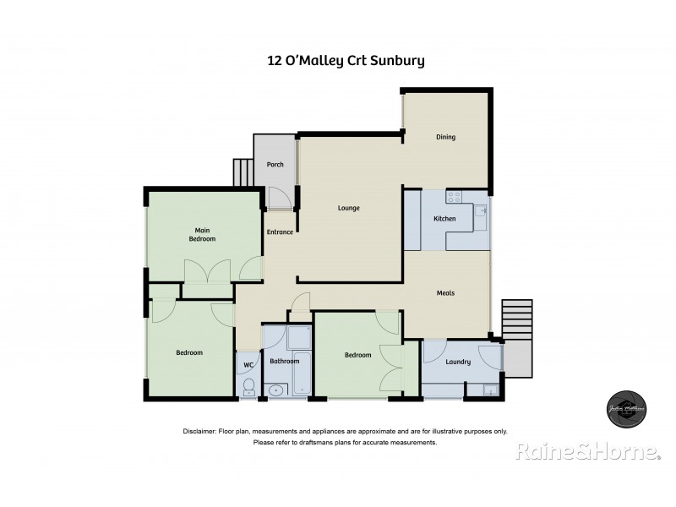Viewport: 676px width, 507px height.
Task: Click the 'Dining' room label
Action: tap(445, 137)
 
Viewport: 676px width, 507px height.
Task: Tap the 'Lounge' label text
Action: tap(348, 208)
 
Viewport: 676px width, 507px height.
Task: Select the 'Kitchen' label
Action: tap(444, 219)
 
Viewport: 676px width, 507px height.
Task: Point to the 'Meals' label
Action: tap(445, 293)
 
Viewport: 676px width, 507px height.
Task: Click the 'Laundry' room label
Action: tap(457, 362)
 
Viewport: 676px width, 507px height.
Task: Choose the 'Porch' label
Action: tap(275, 165)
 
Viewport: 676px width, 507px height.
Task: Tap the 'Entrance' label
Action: tap(280, 232)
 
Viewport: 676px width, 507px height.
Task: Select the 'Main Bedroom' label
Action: tap(202, 235)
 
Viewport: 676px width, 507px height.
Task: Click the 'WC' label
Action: tap(248, 365)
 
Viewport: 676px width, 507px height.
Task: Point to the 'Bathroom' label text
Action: tap(285, 362)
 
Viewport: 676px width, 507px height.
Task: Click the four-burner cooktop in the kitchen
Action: tap(454, 198)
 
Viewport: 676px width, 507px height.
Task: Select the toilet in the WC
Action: tap(248, 387)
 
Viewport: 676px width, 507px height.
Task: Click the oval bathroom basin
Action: tap(275, 390)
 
